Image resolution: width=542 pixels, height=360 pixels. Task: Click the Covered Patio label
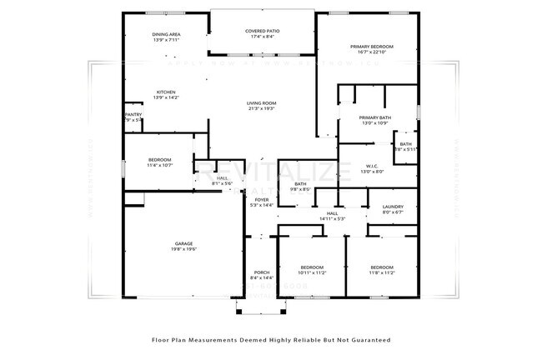point(262,31)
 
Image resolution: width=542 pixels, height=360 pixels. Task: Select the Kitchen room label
point(167,92)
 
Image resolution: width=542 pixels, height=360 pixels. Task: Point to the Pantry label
point(133,114)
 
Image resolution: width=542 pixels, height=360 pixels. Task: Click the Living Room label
point(261,102)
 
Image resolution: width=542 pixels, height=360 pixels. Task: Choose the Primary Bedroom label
point(371,47)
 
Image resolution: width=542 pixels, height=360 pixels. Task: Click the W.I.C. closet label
point(372,166)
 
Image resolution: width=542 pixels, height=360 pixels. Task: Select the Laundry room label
point(392,207)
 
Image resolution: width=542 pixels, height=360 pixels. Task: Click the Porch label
point(261,272)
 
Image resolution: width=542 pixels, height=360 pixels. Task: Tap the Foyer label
point(262,200)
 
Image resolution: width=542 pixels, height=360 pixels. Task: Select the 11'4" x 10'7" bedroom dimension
point(160,165)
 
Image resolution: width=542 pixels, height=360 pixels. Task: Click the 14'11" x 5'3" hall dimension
point(332,218)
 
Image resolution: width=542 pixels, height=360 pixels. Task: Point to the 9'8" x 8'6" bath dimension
point(299,189)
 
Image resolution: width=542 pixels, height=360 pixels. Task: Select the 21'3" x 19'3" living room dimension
point(261,108)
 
